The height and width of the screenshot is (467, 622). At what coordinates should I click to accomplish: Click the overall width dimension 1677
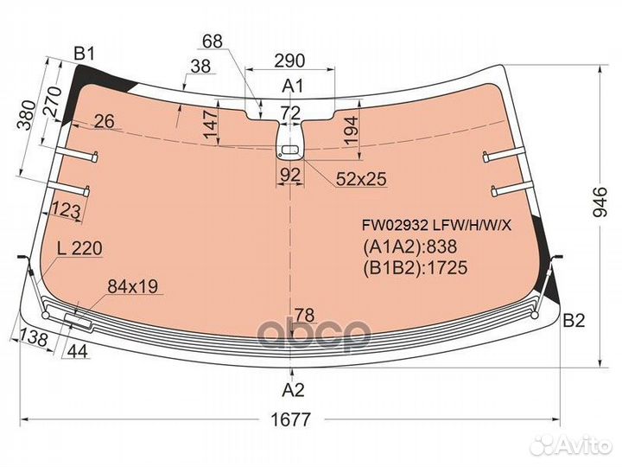coord(290,419)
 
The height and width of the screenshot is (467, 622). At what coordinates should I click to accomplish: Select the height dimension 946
coord(600,202)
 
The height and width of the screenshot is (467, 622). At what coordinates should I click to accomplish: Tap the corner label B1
coord(85,54)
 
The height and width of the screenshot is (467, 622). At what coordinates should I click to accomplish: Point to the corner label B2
coord(574,321)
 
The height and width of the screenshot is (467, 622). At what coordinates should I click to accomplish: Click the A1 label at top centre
coord(292,86)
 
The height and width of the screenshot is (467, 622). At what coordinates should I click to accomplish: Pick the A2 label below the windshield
coord(293,390)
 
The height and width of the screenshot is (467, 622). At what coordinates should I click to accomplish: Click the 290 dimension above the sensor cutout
coord(290,61)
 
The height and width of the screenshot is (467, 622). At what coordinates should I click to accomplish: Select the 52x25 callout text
coord(361,179)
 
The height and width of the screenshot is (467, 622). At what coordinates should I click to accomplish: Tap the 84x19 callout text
coord(132,286)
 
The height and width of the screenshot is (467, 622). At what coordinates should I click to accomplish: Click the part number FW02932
coord(395,226)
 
